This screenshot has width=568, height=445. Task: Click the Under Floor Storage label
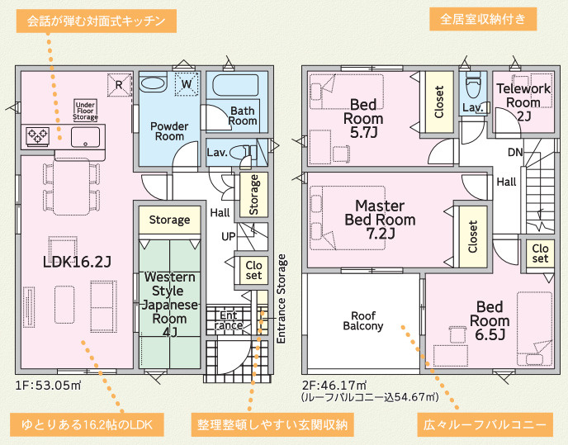click(x=86, y=111)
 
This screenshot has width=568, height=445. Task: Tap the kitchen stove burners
click(x=38, y=136)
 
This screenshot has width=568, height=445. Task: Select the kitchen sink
click(x=85, y=136)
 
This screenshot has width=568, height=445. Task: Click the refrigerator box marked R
click(x=119, y=85)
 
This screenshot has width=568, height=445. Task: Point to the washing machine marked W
click(x=187, y=84)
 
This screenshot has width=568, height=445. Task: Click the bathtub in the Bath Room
click(x=235, y=85)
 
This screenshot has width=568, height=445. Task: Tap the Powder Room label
click(x=169, y=131)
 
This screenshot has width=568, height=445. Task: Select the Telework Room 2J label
click(x=523, y=102)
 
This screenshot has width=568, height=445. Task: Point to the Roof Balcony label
click(x=363, y=320)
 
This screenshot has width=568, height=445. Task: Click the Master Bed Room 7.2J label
click(x=380, y=220)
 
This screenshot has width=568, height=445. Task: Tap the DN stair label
click(x=515, y=152)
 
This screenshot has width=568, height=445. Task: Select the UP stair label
click(x=228, y=237)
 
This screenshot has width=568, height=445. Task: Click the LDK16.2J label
click(x=77, y=262)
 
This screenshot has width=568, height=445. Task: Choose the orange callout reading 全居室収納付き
click(x=483, y=19)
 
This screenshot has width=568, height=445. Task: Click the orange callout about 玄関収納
click(x=272, y=424)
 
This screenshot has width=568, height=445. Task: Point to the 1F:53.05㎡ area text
click(x=48, y=386)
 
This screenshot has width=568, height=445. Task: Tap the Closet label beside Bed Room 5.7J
click(x=439, y=102)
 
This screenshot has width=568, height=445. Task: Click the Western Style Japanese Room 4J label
click(x=169, y=305)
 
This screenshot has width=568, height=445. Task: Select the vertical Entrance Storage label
click(x=281, y=299)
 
